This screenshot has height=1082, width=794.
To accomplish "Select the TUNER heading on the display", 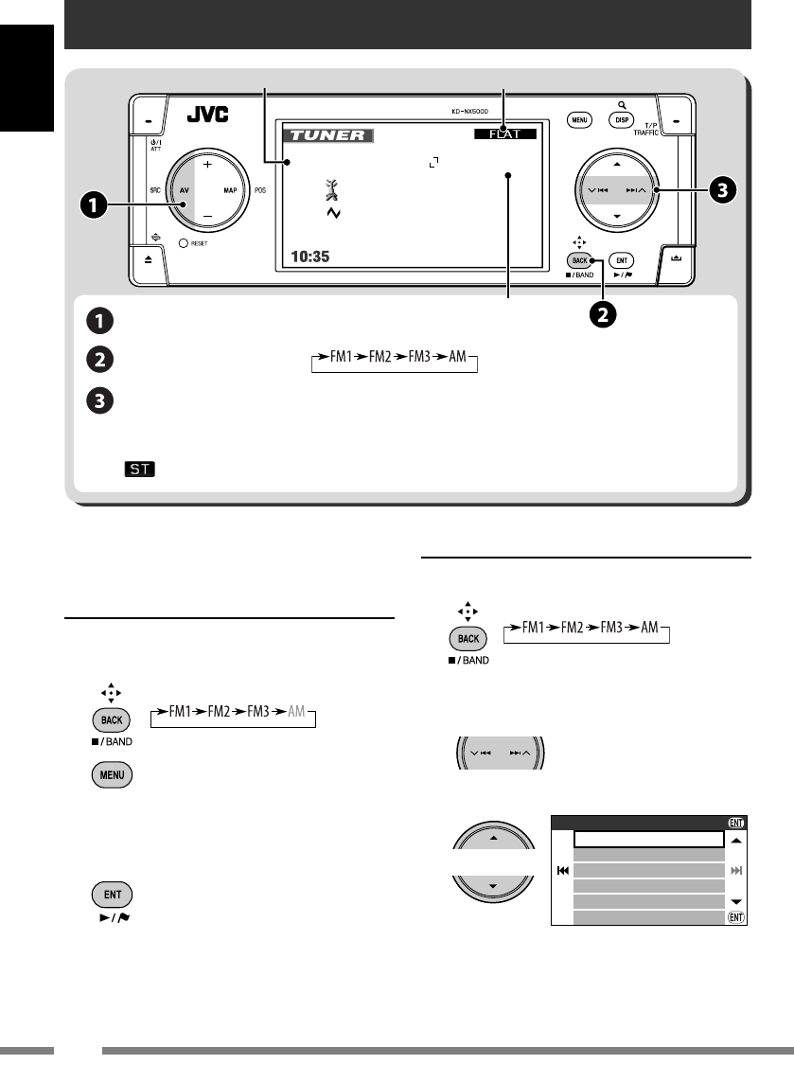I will [x=327, y=135].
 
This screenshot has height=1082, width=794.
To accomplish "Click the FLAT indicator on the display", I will [x=504, y=134].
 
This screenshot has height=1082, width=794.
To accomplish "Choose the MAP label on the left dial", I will [x=230, y=189].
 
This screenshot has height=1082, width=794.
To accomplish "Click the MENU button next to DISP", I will [x=580, y=120].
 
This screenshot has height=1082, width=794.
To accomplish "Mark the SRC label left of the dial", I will [x=155, y=189].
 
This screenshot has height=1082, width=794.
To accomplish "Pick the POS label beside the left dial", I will [x=261, y=189].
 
